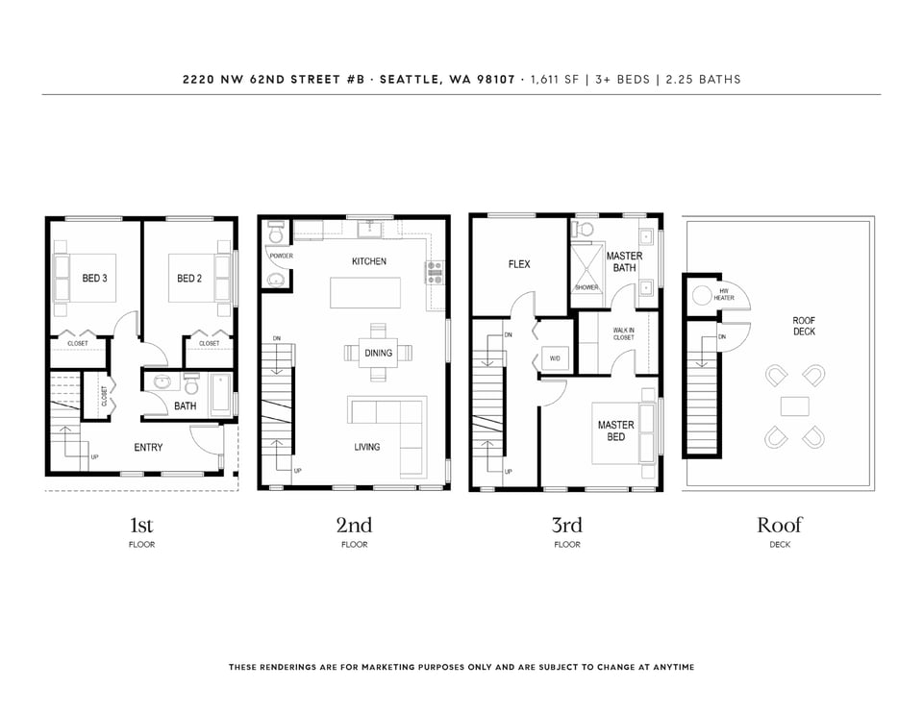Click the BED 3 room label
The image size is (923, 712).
(95, 279)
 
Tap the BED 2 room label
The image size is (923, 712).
(189, 279)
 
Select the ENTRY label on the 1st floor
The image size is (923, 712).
(148, 448)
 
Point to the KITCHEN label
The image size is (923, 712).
(369, 261)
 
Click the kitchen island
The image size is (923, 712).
(365, 292)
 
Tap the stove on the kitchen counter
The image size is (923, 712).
(435, 274)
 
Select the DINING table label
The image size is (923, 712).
(378, 353)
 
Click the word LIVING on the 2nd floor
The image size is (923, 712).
(366, 447)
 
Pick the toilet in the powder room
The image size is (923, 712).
(276, 233)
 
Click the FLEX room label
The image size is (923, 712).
(519, 265)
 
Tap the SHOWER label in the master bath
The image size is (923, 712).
(586, 287)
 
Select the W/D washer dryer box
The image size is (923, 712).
(555, 358)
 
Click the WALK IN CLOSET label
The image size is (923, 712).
(624, 334)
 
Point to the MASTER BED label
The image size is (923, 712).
(615, 430)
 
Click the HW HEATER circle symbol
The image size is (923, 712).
(702, 295)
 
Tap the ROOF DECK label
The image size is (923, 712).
(804, 326)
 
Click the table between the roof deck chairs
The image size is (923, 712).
(795, 406)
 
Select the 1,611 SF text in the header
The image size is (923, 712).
(555, 80)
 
